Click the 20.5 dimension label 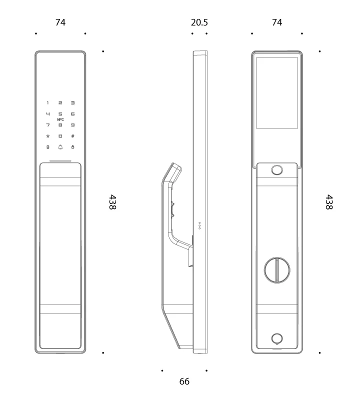[199, 22]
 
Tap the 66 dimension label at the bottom [184, 381]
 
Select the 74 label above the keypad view [60, 22]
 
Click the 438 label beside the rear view [329, 202]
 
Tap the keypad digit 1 [47, 103]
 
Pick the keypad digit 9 [72, 125]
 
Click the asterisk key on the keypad [47, 136]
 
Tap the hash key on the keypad [72, 136]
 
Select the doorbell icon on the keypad [60, 147]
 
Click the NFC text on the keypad [60, 119]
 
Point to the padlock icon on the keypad [72, 147]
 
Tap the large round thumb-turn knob [277, 270]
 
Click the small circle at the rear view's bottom [277, 339]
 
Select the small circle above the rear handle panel [277, 170]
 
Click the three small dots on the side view [199, 225]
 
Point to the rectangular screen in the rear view [277, 93]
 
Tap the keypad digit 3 [72, 103]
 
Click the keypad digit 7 [47, 125]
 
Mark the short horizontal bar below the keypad [60, 161]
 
